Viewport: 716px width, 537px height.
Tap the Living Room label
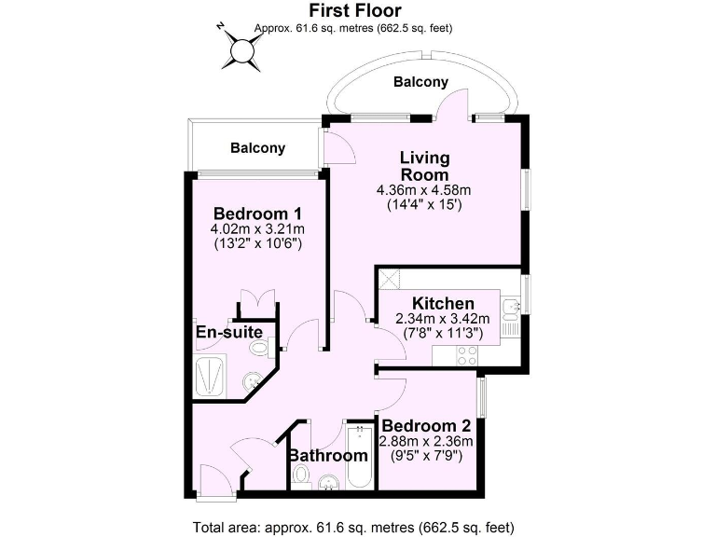[x=424, y=165]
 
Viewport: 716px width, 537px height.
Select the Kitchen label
[x=443, y=303]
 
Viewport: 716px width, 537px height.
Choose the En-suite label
[x=227, y=332]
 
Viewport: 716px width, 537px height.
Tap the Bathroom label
[x=327, y=456]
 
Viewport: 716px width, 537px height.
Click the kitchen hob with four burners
[x=466, y=355]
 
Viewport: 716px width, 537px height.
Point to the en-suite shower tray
[x=210, y=376]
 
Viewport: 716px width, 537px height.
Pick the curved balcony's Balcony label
[x=420, y=82]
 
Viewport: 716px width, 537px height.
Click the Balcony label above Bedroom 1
[x=257, y=148]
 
